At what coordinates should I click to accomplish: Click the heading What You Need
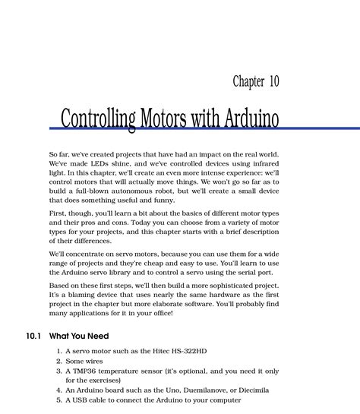79,336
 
